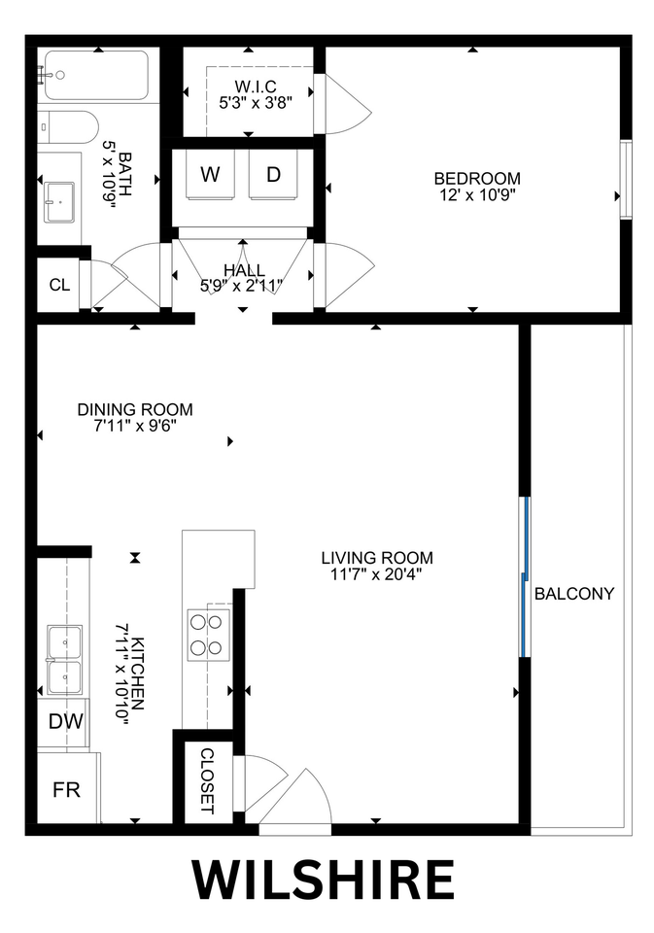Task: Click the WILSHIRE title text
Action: coord(323,881)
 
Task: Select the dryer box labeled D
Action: coord(273,175)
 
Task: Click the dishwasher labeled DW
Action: coord(64,722)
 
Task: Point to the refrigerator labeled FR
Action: coord(66,788)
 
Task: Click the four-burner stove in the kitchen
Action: coord(208,634)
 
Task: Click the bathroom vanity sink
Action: coord(60,200)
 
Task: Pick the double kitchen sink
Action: coord(64,659)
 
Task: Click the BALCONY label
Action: coord(574,593)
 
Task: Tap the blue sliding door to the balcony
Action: coord(525,577)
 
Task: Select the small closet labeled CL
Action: coord(59,285)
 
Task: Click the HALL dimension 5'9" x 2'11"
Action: coord(241,286)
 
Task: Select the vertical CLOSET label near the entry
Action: coord(206,780)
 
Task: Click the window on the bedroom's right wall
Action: coord(626,180)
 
